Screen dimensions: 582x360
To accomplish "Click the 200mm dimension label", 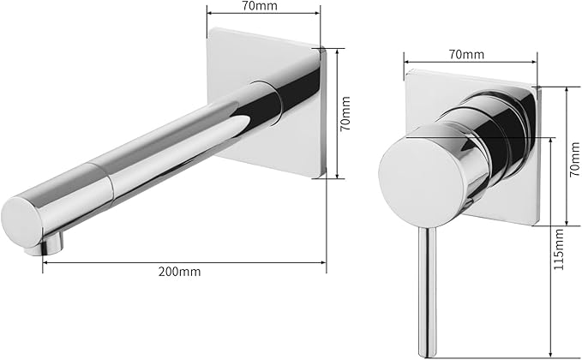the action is click(x=180, y=272).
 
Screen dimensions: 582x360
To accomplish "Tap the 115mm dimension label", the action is click(x=558, y=249).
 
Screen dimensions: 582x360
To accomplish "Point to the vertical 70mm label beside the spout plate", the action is click(x=345, y=113).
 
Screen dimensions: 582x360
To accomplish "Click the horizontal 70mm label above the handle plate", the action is click(x=467, y=54).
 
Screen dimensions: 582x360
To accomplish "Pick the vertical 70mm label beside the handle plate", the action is click(x=574, y=159).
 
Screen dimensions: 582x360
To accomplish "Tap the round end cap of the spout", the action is click(x=21, y=223).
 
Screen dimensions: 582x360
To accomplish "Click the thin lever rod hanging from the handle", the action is click(x=427, y=291).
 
